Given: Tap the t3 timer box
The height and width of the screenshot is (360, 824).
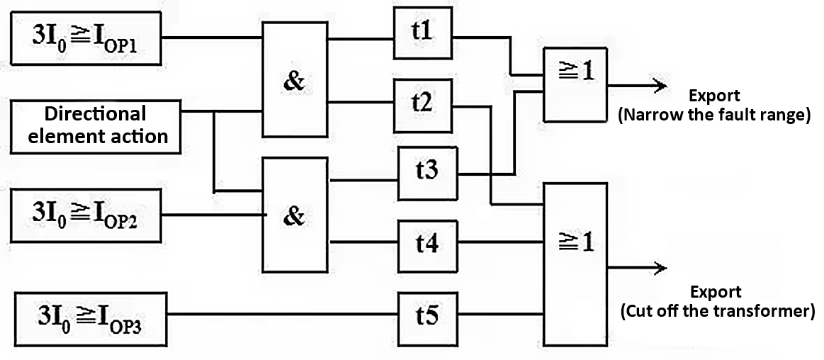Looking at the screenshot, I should tap(427, 174).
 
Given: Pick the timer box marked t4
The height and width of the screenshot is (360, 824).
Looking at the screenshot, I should tap(427, 244).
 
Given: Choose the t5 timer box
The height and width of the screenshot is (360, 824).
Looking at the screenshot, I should tap(427, 314).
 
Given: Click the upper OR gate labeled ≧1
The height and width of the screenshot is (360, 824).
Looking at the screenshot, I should tap(574, 84).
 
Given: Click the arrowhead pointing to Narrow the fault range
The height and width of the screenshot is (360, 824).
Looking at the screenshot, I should tap(661, 86).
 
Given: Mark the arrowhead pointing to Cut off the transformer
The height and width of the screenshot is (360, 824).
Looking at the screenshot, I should tap(661, 268).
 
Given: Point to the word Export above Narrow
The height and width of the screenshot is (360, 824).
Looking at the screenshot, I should tap(714, 96).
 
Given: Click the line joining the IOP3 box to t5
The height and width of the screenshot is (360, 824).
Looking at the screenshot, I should tap(283, 314).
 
